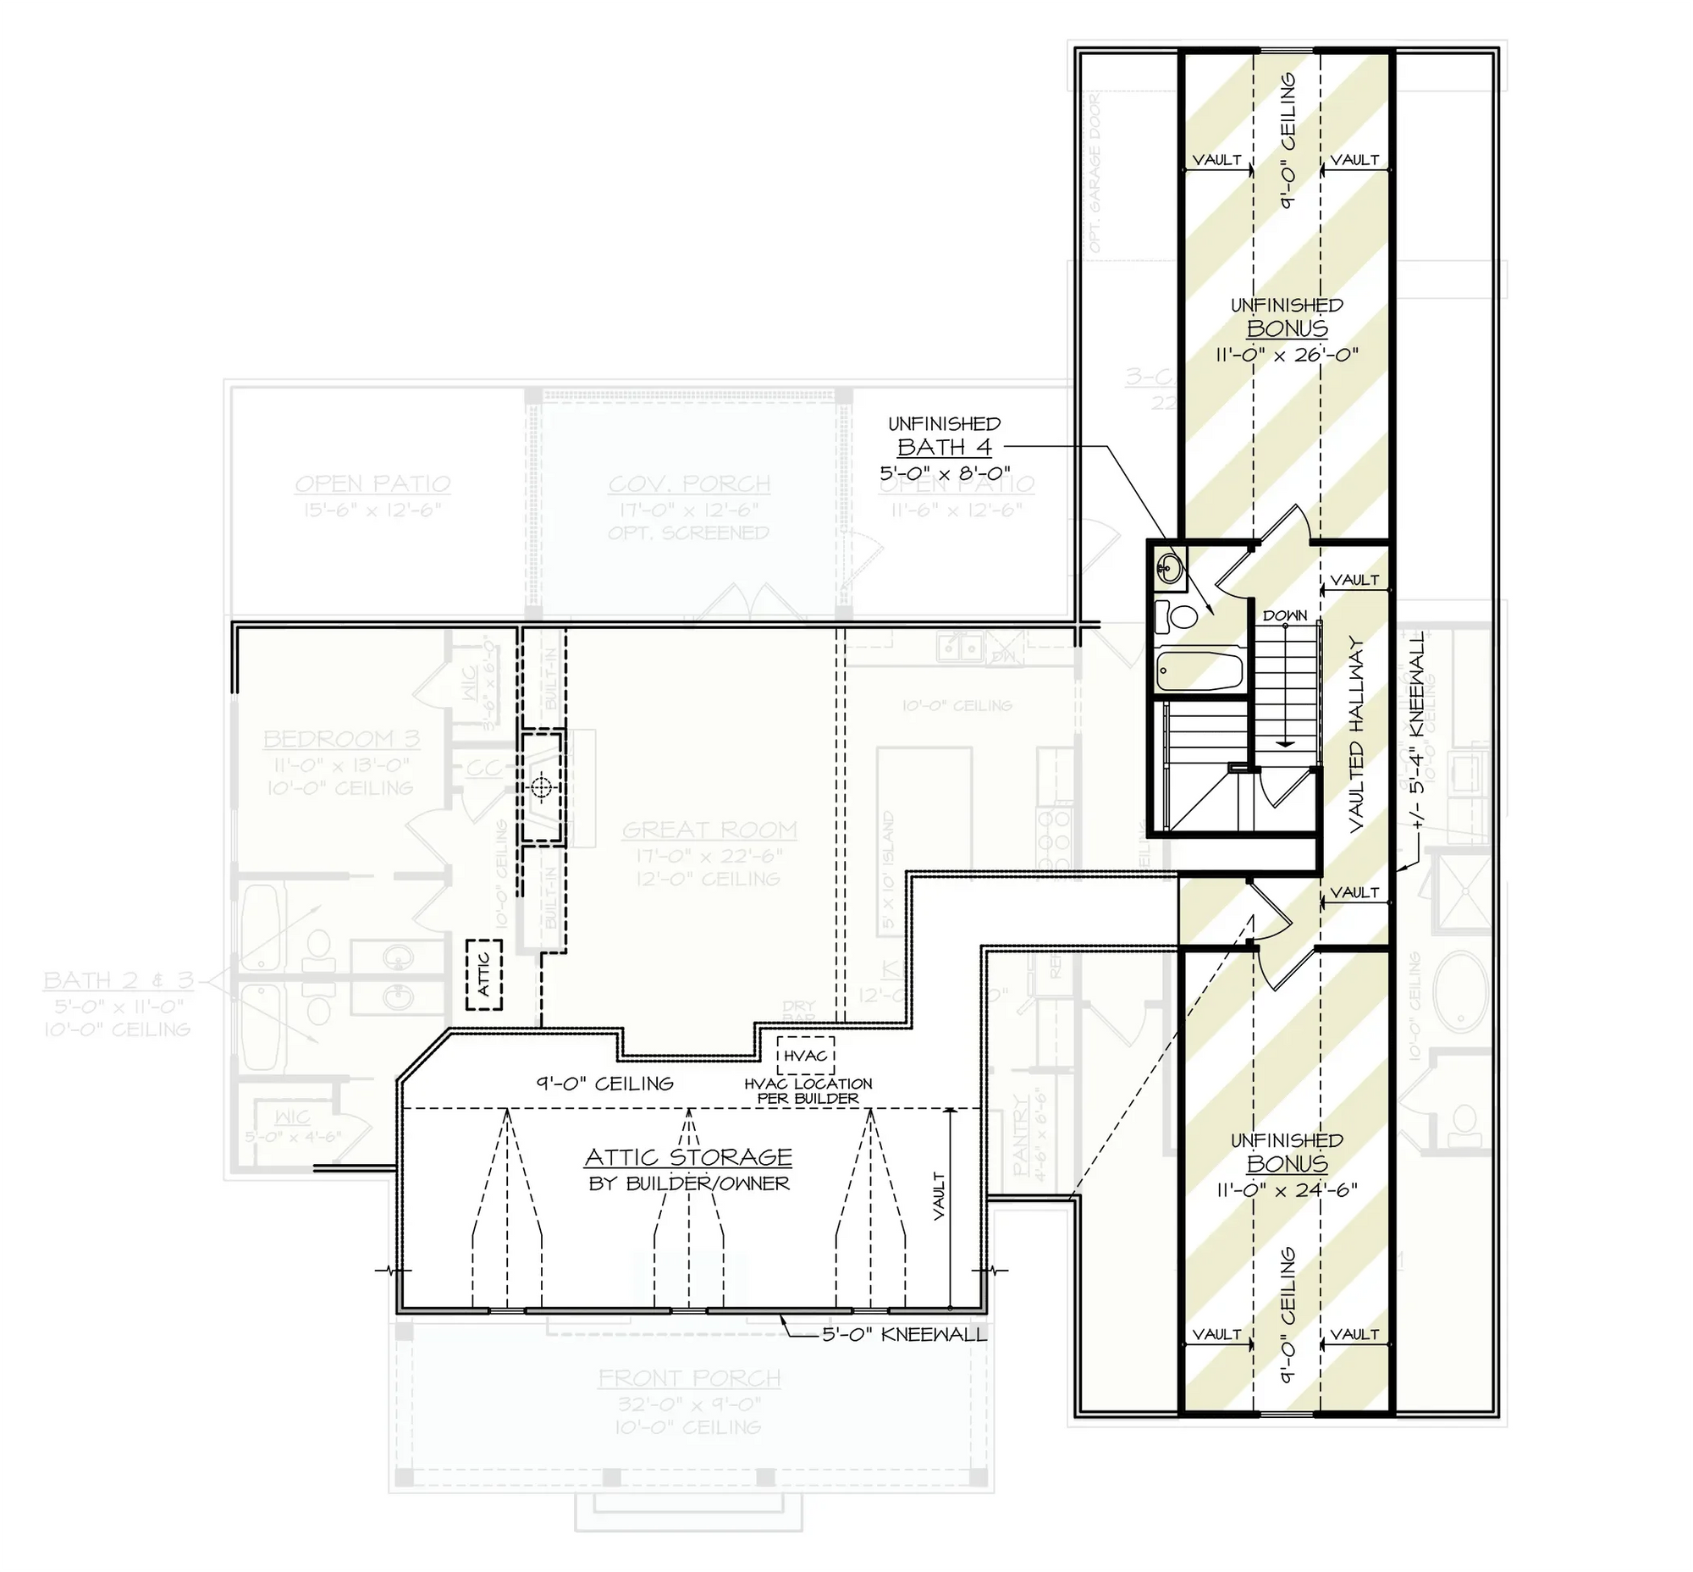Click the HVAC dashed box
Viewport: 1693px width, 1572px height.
pyautogui.click(x=805, y=1056)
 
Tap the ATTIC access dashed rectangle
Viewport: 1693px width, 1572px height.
pyautogui.click(x=483, y=974)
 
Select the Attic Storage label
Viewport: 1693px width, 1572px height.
pyautogui.click(x=688, y=1157)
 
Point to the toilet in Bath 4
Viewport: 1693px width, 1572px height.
pyautogui.click(x=1177, y=616)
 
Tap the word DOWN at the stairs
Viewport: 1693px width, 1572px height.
pyautogui.click(x=1285, y=615)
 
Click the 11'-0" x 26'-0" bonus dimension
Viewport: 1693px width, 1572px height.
pyautogui.click(x=1287, y=354)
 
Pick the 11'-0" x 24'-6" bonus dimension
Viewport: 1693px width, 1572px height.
pyautogui.click(x=1287, y=1189)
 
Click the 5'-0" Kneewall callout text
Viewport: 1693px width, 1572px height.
pyautogui.click(x=904, y=1334)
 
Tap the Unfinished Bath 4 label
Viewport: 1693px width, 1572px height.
pyautogui.click(x=945, y=447)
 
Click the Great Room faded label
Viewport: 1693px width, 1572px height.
pyautogui.click(x=709, y=830)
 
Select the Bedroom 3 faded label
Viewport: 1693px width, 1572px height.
pyautogui.click(x=340, y=738)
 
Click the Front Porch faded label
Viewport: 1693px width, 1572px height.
pyautogui.click(x=689, y=1378)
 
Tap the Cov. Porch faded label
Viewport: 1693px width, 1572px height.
pyautogui.click(x=689, y=484)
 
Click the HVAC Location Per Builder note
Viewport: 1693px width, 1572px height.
pyautogui.click(x=808, y=1090)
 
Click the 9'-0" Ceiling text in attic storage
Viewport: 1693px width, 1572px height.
pyautogui.click(x=604, y=1083)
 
